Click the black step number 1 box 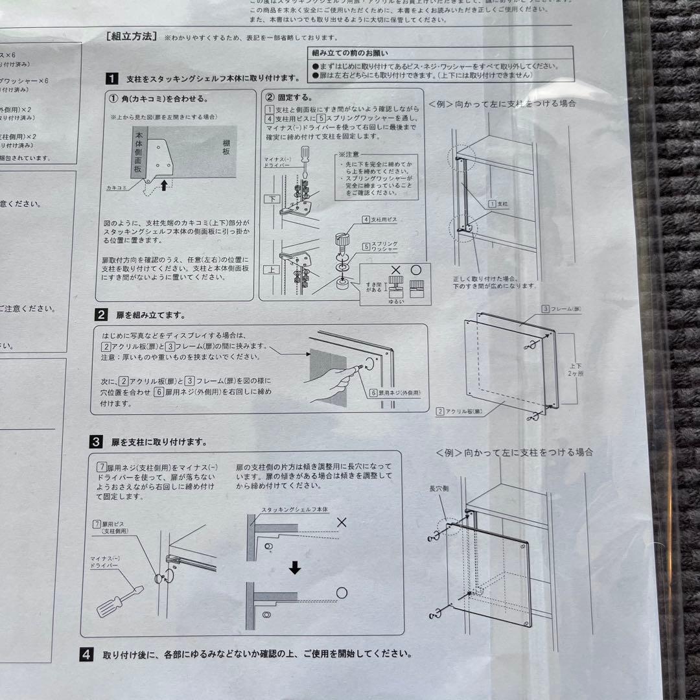[x=111, y=78]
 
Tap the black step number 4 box [x=86, y=654]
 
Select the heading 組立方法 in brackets [x=131, y=37]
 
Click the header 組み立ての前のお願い [x=351, y=53]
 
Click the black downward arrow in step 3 [x=295, y=568]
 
